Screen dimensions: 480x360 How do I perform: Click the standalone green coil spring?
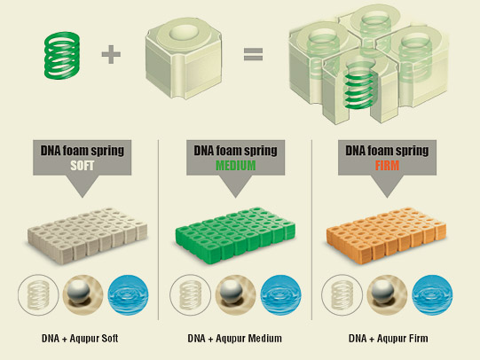[62, 55]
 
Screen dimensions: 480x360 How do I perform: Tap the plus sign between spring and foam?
[111, 54]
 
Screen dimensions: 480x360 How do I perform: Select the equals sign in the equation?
[253, 54]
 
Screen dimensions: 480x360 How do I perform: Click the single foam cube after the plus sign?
[184, 58]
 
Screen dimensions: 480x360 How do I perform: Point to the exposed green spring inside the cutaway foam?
[359, 88]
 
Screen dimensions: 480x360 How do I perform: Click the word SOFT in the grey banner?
[82, 166]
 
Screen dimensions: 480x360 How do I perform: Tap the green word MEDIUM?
[236, 166]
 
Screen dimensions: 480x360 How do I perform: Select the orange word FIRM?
[387, 166]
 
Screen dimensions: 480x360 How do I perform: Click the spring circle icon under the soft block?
[38, 295]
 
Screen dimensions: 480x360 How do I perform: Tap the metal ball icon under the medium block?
[235, 295]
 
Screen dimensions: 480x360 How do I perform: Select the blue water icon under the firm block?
[432, 295]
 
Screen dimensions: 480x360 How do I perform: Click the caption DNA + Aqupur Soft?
[80, 339]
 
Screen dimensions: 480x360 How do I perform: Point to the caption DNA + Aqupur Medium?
[235, 339]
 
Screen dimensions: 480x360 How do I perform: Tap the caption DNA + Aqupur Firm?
[388, 339]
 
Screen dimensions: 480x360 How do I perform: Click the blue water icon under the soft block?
[129, 295]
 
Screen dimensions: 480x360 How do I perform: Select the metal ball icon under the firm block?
[387, 295]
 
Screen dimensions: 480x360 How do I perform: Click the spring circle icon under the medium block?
[190, 295]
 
